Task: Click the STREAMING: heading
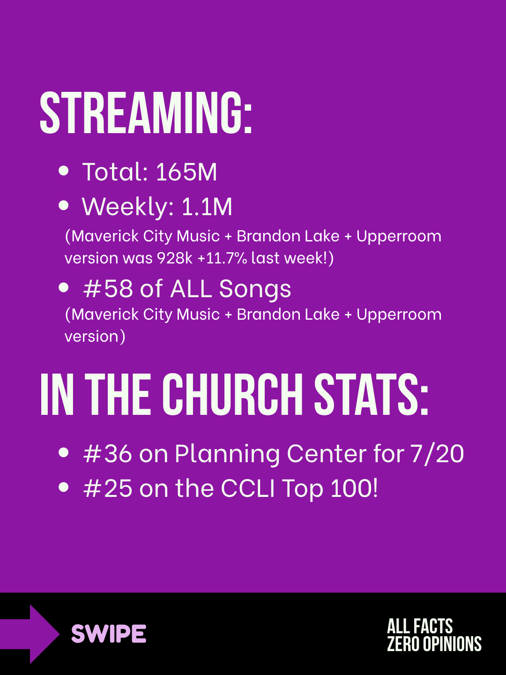pyautogui.click(x=146, y=112)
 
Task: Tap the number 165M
pyautogui.click(x=186, y=172)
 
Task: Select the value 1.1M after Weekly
pyautogui.click(x=207, y=207)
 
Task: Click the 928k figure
pyautogui.click(x=174, y=258)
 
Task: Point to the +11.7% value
pyautogui.click(x=222, y=258)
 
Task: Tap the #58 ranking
pyautogui.click(x=108, y=289)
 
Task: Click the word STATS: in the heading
pyautogui.click(x=371, y=395)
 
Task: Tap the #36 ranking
pyautogui.click(x=108, y=454)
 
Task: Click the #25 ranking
pyautogui.click(x=108, y=488)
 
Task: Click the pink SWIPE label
pyautogui.click(x=109, y=633)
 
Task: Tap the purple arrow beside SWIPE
pyautogui.click(x=30, y=634)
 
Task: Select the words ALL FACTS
pyautogui.click(x=420, y=626)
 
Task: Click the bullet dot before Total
pyautogui.click(x=64, y=171)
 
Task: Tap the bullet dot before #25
pyautogui.click(x=64, y=487)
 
